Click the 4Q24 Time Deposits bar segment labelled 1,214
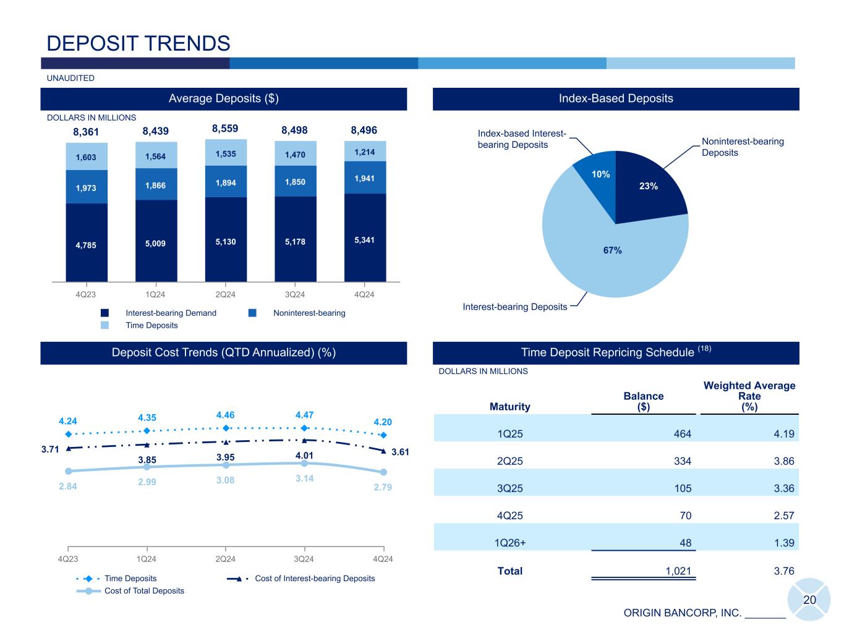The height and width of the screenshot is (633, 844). pos(365,151)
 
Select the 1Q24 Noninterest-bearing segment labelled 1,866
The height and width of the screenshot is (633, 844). pos(156,185)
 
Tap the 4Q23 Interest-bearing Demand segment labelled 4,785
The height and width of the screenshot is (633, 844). pos(87,244)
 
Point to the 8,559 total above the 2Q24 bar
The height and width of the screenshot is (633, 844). pos(225,129)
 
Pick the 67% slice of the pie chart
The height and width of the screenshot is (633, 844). pos(612,250)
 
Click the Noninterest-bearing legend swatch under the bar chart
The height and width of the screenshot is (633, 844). pos(252,313)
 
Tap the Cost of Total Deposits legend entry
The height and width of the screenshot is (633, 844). pos(144,591)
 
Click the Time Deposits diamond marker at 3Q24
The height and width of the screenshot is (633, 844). pos(304,428)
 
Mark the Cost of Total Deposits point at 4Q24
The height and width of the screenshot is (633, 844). pos(383,473)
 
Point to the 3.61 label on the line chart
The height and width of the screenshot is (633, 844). pos(400,452)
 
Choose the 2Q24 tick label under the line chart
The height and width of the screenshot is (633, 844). pos(225,559)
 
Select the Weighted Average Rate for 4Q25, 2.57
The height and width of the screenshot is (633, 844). pos(783,516)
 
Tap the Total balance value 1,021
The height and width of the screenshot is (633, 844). pos(678,571)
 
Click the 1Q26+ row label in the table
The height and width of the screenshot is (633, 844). pos(510,543)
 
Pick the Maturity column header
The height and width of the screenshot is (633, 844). pos(510,406)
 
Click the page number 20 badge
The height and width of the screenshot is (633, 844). pos(809,600)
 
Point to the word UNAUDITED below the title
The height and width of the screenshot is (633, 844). pos(70,78)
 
